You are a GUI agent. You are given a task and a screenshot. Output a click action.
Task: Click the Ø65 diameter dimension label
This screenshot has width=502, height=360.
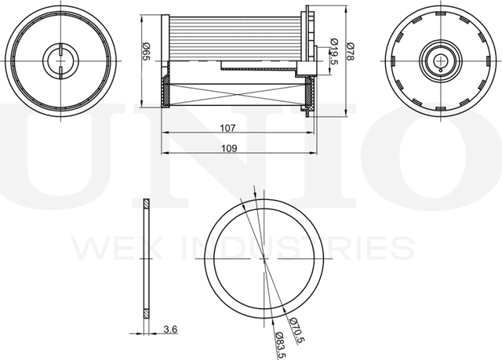(146, 52)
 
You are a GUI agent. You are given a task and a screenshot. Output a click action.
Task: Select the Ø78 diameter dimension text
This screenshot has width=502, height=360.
(351, 52)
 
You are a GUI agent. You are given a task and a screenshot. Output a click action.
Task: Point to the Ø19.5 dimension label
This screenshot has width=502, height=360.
(334, 51)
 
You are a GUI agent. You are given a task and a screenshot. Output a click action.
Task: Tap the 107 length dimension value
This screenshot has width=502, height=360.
(227, 128)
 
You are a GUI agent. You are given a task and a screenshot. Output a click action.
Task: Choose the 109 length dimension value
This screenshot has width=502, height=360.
(229, 148)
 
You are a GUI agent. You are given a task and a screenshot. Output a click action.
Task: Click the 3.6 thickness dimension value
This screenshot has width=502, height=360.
(170, 329)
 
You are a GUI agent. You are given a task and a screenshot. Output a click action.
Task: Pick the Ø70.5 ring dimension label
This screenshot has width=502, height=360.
(296, 330)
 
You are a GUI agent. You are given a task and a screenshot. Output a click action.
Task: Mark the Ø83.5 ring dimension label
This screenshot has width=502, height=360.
(281, 345)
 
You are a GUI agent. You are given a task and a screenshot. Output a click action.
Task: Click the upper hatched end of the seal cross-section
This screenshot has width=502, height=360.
(146, 203)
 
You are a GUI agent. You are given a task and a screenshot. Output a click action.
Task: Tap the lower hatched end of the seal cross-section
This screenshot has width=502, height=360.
(146, 313)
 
